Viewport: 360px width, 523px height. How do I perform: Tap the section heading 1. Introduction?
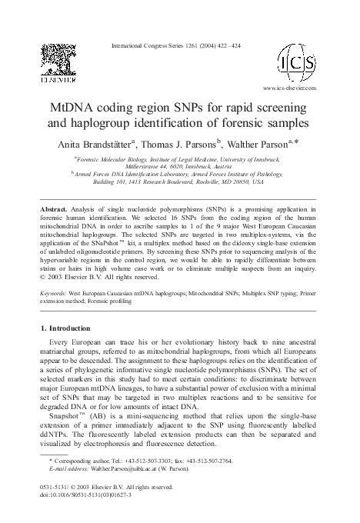click(70, 328)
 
